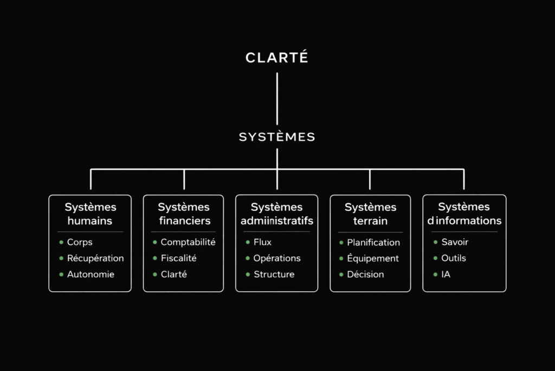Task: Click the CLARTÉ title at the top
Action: (x=277, y=58)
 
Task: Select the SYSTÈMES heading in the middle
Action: (x=277, y=137)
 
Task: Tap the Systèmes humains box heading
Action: (x=90, y=213)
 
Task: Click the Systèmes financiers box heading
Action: (x=184, y=213)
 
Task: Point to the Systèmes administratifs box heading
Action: (x=277, y=213)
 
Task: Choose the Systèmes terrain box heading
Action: (x=370, y=213)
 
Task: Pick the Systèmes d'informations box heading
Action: (x=464, y=213)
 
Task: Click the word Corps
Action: (x=80, y=242)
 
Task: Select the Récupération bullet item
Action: (x=95, y=258)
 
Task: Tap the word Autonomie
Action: (x=91, y=274)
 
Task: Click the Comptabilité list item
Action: (x=188, y=242)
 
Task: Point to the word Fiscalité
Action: (x=178, y=258)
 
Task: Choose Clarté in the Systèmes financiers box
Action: (x=173, y=274)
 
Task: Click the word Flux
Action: (x=262, y=242)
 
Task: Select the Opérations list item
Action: (x=277, y=258)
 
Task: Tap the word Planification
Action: (x=373, y=242)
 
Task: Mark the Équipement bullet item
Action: (x=373, y=258)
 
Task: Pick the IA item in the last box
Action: (x=446, y=274)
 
